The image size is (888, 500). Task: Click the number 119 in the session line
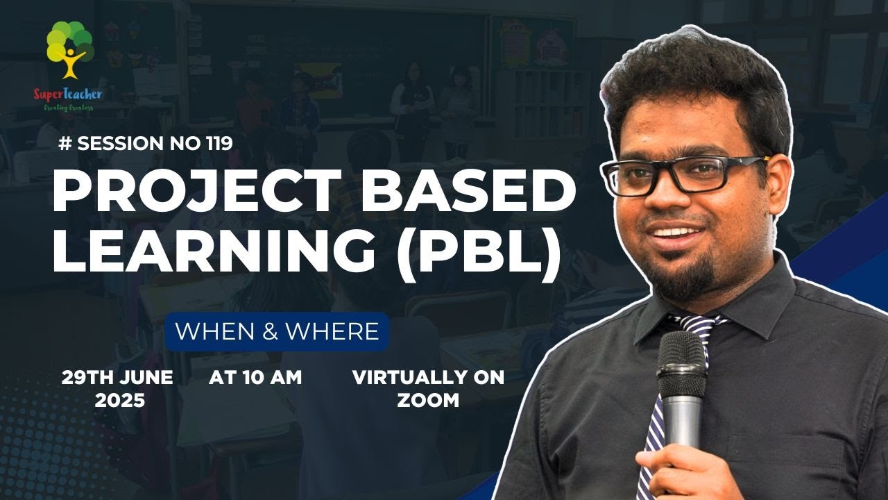(219, 143)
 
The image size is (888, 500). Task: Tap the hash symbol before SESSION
(67, 143)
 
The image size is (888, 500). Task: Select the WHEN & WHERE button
(277, 331)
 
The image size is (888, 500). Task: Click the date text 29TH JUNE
(117, 378)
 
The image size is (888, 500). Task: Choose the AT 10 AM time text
(255, 378)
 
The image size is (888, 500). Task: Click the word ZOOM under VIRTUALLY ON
(428, 400)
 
